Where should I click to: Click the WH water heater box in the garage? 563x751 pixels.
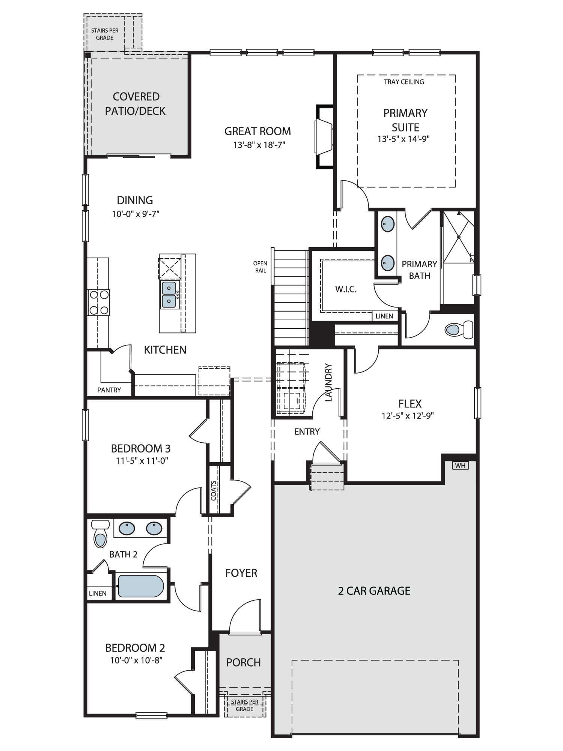pyautogui.click(x=460, y=466)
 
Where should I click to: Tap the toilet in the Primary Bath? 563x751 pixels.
pyautogui.click(x=459, y=330)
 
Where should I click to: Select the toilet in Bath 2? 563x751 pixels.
pyautogui.click(x=100, y=533)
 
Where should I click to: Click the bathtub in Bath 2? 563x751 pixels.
pyautogui.click(x=141, y=586)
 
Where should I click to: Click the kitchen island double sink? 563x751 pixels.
pyautogui.click(x=169, y=295)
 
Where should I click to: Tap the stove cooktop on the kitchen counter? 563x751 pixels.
pyautogui.click(x=99, y=302)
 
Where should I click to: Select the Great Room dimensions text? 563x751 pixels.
pyautogui.click(x=259, y=145)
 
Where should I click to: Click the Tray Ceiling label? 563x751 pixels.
pyautogui.click(x=404, y=82)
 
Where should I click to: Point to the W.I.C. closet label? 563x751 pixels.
pyautogui.click(x=346, y=289)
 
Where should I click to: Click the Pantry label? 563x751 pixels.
pyautogui.click(x=109, y=390)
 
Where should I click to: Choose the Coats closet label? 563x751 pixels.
pyautogui.click(x=214, y=490)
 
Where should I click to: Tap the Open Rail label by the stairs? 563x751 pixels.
pyautogui.click(x=260, y=267)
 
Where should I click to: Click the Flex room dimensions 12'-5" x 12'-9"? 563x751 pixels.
pyautogui.click(x=408, y=416)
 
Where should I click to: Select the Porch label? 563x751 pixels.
pyautogui.click(x=243, y=662)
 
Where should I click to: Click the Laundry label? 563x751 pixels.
pyautogui.click(x=328, y=382)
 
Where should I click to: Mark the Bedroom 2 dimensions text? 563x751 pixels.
pyautogui.click(x=136, y=660)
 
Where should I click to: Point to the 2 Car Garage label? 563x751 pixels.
pyautogui.click(x=374, y=591)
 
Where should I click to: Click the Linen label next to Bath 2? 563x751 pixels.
pyautogui.click(x=98, y=594)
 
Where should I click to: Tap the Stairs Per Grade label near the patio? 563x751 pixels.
pyautogui.click(x=105, y=34)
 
